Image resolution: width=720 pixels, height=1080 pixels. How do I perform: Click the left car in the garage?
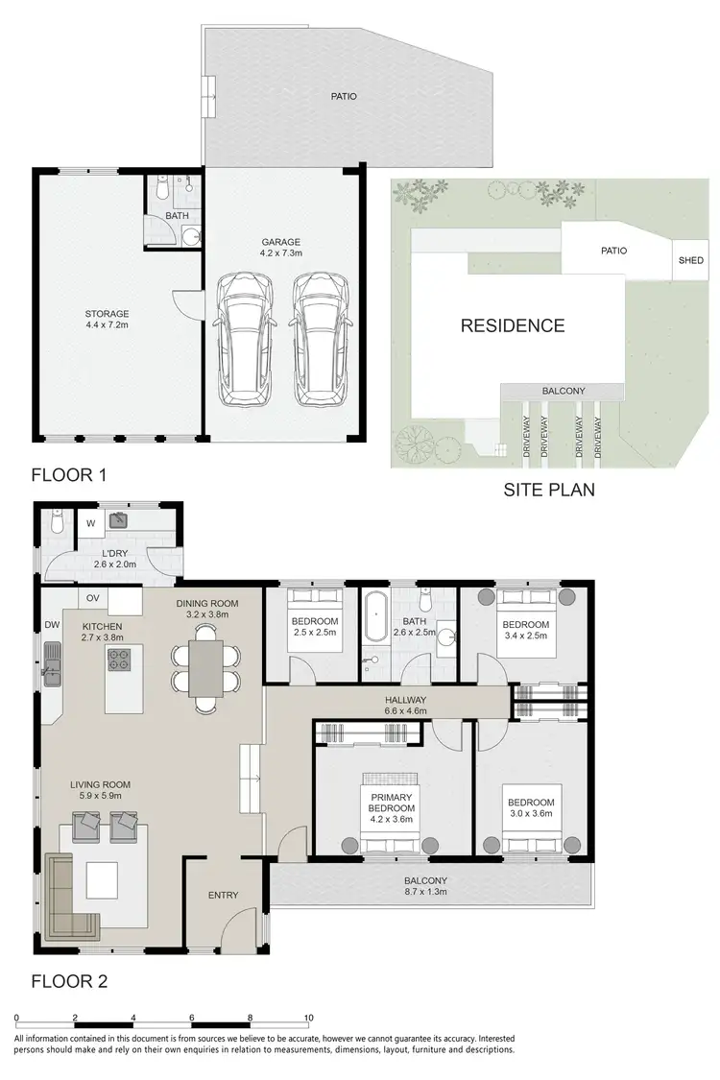pyautogui.click(x=244, y=340)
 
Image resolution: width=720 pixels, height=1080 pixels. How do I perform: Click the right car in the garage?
pyautogui.click(x=322, y=340)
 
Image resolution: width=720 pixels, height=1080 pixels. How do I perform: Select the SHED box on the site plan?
pyautogui.click(x=690, y=260)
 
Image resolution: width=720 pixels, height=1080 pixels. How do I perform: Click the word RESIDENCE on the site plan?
pyautogui.click(x=513, y=325)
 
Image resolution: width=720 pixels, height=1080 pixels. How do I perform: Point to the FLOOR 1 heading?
pyautogui.click(x=69, y=474)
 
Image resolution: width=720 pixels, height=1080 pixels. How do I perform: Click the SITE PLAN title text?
pyautogui.click(x=549, y=490)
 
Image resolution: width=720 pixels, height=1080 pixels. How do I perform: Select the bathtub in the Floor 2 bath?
pyautogui.click(x=374, y=616)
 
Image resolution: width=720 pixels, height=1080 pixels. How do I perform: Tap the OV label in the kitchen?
pyautogui.click(x=94, y=598)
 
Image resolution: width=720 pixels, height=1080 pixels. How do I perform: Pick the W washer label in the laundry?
pyautogui.click(x=90, y=523)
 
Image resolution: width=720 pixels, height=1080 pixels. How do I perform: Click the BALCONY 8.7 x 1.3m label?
pyautogui.click(x=426, y=886)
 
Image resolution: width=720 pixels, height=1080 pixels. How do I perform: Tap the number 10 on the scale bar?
pyautogui.click(x=309, y=1017)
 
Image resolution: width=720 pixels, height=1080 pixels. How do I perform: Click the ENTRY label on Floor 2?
pyautogui.click(x=223, y=896)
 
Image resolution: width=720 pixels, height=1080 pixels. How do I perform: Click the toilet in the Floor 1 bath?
pyautogui.click(x=163, y=193)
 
